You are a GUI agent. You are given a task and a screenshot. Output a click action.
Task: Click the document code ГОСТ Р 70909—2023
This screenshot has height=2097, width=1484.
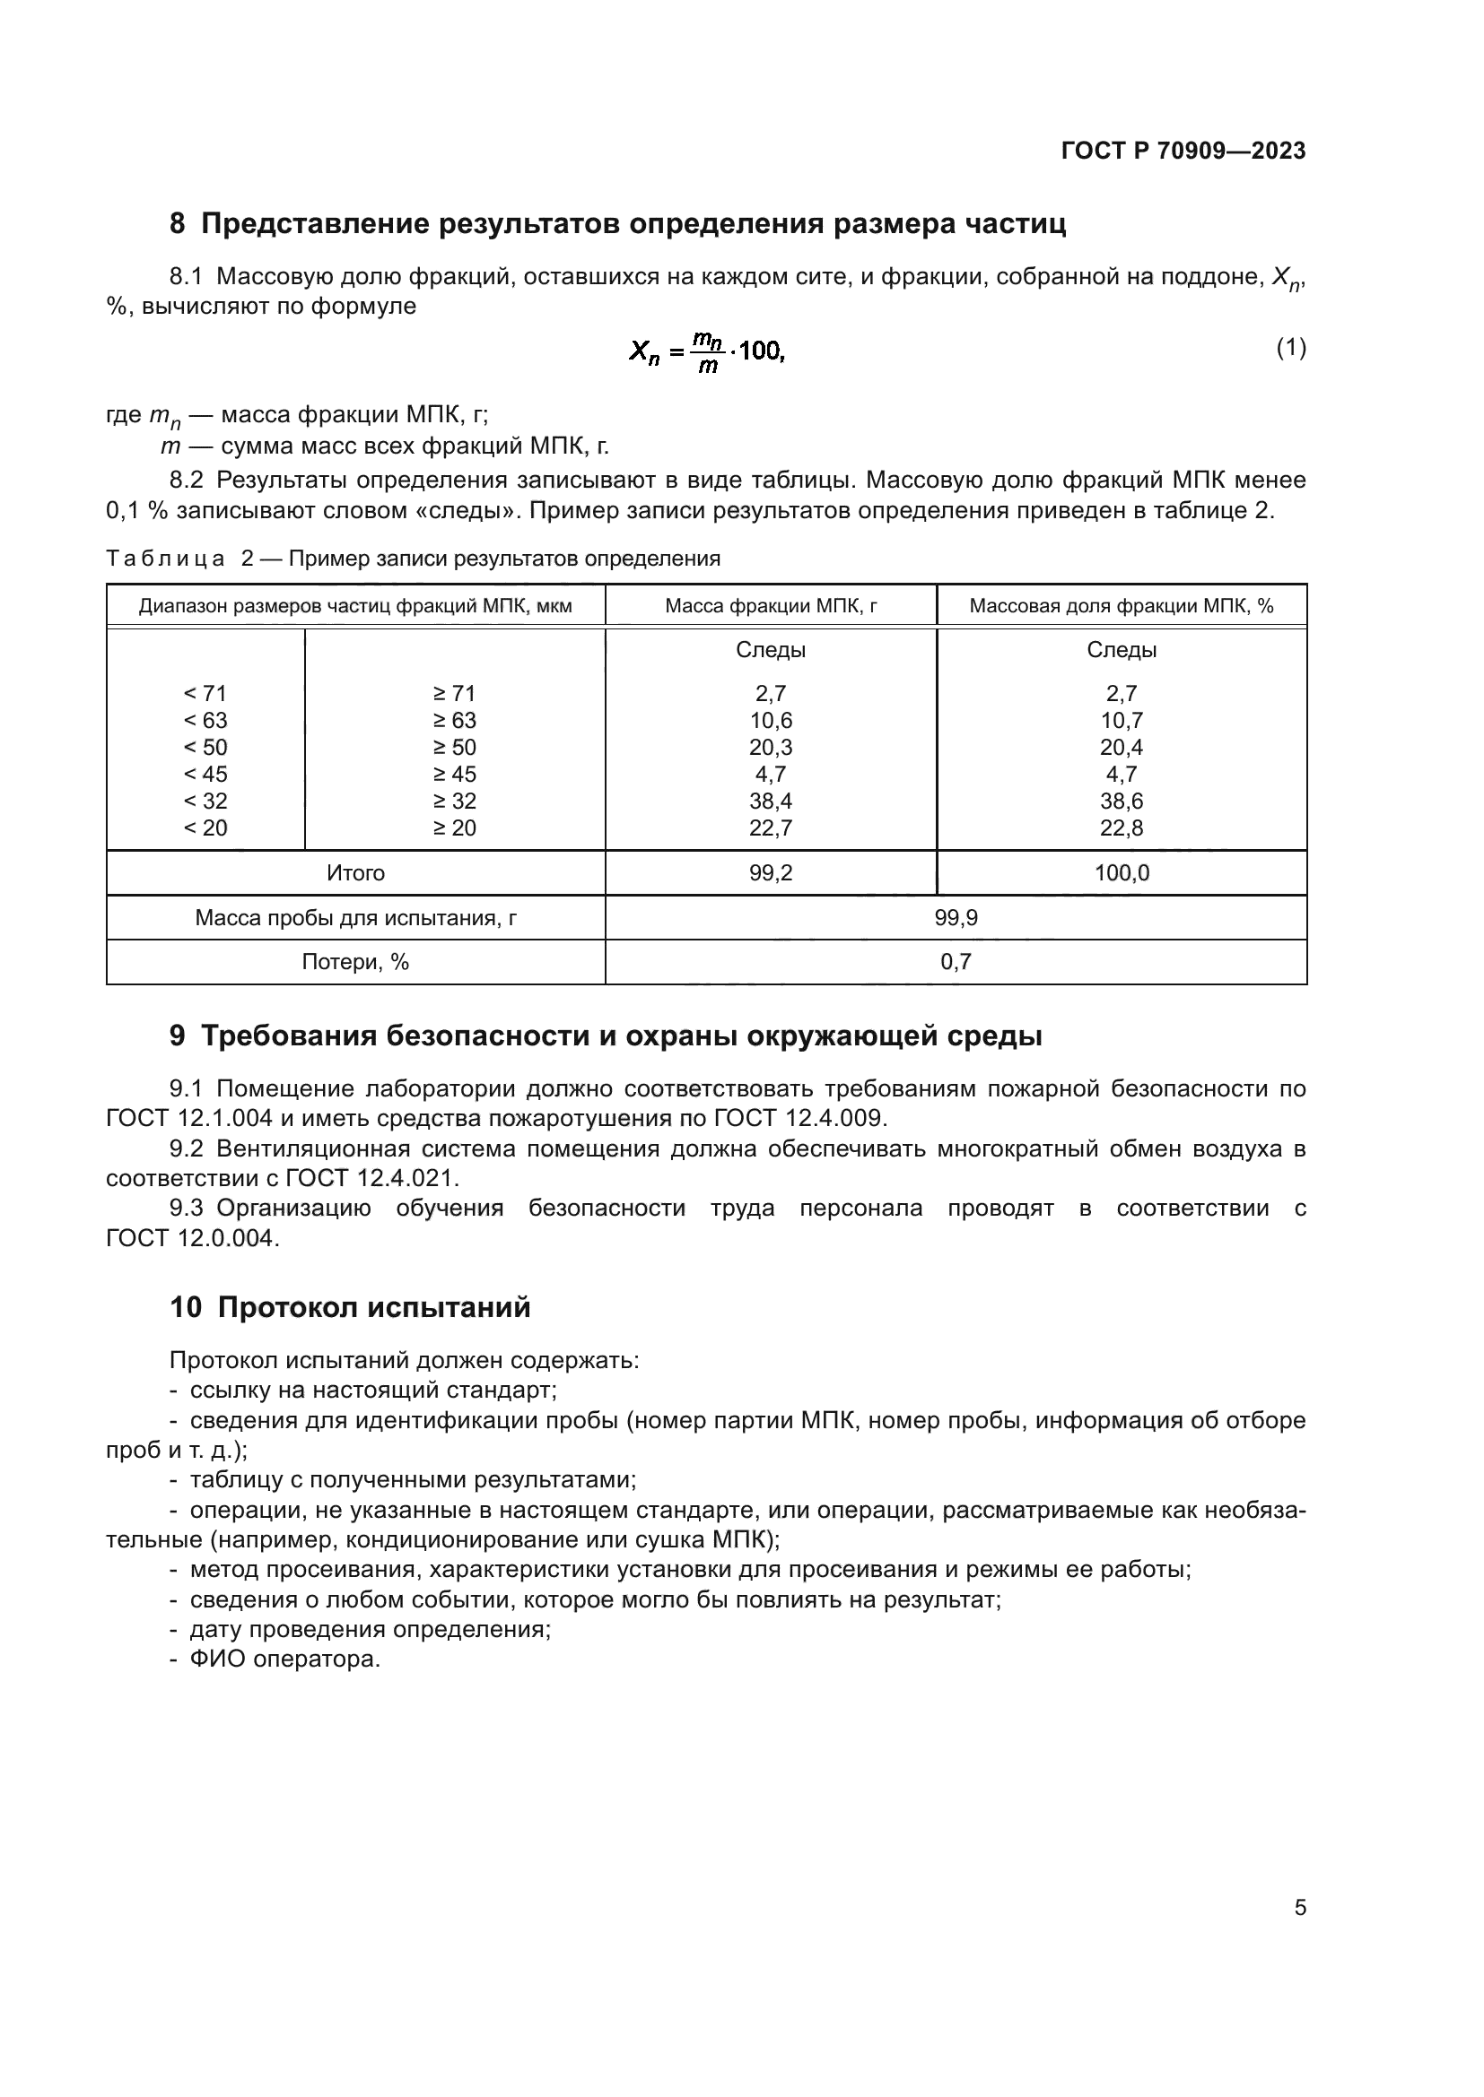(1183, 151)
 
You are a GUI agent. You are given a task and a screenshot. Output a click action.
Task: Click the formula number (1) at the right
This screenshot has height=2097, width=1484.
(1290, 348)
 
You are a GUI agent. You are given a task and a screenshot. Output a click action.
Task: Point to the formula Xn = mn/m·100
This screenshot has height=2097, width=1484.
(706, 351)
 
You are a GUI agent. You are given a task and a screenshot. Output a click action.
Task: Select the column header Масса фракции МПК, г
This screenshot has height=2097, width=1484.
(771, 605)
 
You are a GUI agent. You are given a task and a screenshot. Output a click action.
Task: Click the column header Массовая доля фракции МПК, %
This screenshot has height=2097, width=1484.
(1121, 605)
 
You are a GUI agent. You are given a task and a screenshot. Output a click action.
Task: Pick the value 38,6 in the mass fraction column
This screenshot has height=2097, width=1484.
(1122, 801)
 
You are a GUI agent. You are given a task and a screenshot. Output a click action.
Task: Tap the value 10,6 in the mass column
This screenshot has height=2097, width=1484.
(771, 720)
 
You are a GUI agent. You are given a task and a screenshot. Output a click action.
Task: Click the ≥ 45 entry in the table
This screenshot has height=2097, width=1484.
(454, 774)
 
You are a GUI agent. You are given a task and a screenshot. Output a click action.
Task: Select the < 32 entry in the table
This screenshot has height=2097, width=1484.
(205, 801)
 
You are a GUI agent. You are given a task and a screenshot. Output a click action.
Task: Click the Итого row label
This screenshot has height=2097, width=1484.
(355, 873)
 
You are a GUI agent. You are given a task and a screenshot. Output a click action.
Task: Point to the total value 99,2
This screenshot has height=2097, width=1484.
(771, 873)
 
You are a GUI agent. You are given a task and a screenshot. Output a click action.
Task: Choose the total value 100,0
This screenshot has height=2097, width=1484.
(1122, 873)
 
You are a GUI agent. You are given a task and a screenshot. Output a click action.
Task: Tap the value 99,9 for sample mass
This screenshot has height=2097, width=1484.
(955, 918)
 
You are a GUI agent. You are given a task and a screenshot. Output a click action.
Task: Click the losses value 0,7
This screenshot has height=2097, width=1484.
(955, 962)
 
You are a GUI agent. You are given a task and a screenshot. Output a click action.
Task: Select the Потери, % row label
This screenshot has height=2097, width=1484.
(355, 962)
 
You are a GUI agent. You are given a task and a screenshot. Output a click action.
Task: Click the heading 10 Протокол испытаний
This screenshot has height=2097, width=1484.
(349, 1307)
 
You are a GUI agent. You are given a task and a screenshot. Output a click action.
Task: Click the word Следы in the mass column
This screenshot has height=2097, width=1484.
(771, 650)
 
